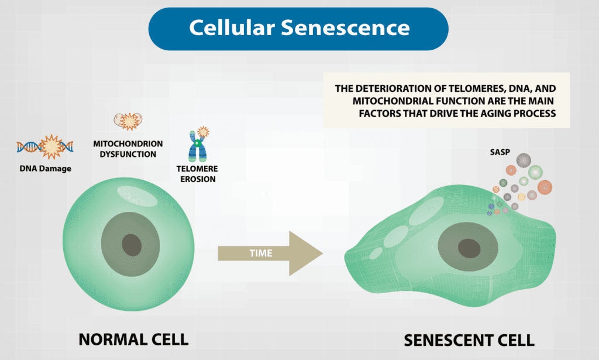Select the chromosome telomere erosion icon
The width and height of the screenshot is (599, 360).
(x=199, y=145)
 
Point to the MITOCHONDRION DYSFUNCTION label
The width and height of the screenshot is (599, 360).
(x=128, y=149)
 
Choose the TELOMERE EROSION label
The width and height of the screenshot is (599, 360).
(x=199, y=174)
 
